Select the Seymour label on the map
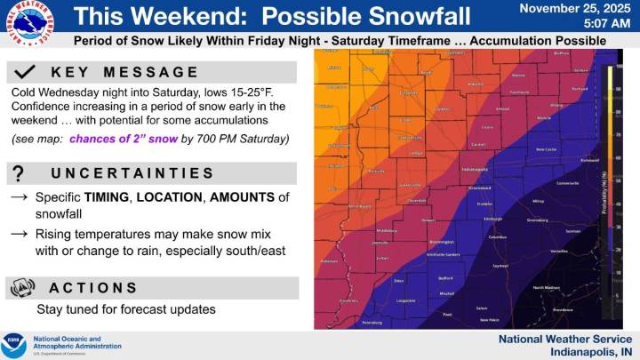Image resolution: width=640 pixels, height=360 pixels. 501,265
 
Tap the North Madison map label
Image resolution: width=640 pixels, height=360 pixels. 547,287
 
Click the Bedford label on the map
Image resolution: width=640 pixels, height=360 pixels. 445,277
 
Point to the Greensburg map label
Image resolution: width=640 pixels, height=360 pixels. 538,218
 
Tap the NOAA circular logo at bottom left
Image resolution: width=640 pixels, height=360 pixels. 14,342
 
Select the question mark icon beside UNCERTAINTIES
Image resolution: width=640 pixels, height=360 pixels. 20,173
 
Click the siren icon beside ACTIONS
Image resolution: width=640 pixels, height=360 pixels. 21,287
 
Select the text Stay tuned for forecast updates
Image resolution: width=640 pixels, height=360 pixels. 125,309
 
